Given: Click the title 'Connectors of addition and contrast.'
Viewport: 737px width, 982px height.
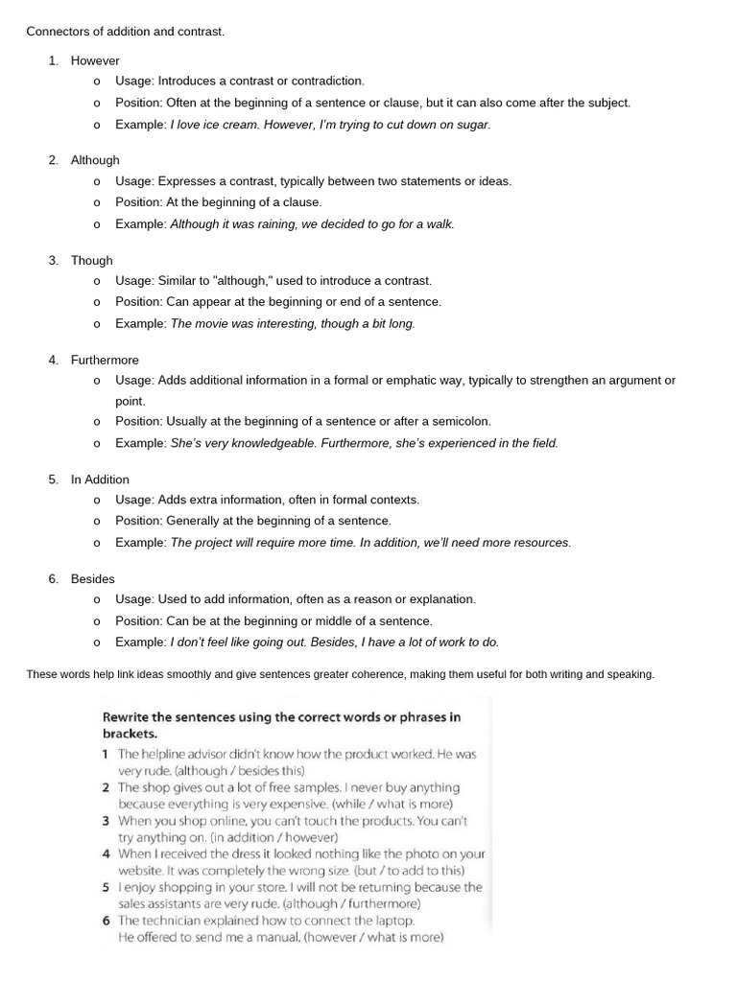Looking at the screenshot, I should click(126, 32).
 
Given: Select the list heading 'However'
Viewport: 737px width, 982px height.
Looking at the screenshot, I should click(95, 60).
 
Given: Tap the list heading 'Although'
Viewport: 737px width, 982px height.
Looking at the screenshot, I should click(95, 160).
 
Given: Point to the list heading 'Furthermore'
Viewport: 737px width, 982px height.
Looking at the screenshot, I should click(105, 360).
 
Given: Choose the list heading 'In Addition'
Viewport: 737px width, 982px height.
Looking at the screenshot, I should click(100, 479).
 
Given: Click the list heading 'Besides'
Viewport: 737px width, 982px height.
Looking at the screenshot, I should click(93, 579).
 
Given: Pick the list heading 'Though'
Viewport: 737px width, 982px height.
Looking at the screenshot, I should click(92, 260).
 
